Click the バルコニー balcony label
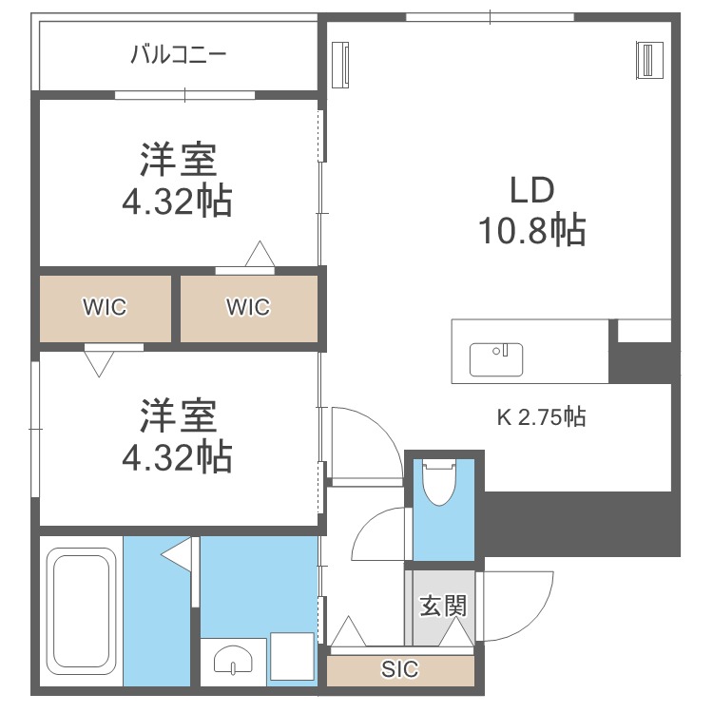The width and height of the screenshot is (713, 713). point(179,54)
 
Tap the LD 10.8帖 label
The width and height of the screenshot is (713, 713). point(532,210)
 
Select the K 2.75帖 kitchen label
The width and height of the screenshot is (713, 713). point(541,416)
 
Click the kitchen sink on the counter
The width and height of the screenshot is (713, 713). point(496,359)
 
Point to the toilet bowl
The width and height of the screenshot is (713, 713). point(439,482)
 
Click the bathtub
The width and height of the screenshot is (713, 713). point(81,610)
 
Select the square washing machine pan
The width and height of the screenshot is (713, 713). point(292,656)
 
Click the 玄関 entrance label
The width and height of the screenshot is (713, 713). point(443,606)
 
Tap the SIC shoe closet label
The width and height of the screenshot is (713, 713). point(399,669)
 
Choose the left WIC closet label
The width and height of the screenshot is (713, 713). point(105,307)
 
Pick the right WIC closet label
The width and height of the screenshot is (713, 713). point(248,307)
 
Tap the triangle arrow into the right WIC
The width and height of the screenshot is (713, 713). point(260,254)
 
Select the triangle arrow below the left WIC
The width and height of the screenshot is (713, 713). point(99,364)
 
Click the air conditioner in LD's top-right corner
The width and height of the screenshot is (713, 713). point(650,60)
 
